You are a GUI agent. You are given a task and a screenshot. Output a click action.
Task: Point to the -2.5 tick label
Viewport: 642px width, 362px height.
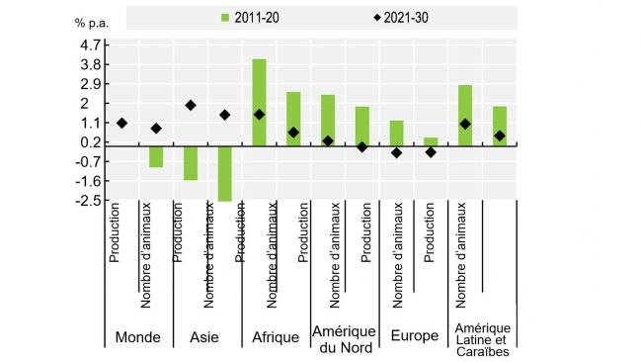click(86, 201)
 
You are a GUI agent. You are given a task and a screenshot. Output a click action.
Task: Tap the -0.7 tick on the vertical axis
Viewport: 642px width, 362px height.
click(86, 161)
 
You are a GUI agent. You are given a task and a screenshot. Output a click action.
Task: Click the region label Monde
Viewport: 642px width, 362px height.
click(138, 337)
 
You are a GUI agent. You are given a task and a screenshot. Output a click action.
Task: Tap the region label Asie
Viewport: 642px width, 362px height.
click(204, 337)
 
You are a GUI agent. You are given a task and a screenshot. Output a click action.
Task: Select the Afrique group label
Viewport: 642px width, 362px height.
click(276, 337)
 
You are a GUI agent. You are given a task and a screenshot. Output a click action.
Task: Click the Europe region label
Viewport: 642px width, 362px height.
click(414, 337)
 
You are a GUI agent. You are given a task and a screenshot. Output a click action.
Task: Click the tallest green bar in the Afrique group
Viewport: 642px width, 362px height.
click(259, 101)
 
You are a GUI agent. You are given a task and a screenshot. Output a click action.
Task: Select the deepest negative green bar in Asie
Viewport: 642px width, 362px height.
click(225, 172)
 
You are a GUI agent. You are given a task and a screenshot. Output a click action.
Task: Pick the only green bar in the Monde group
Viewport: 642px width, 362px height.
click(156, 155)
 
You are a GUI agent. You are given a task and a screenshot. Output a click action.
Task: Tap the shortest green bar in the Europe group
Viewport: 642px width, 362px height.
click(431, 140)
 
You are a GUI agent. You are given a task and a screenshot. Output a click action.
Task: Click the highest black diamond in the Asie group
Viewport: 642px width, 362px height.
click(191, 105)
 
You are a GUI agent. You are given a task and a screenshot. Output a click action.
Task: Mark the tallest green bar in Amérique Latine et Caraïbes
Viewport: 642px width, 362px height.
click(465, 114)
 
